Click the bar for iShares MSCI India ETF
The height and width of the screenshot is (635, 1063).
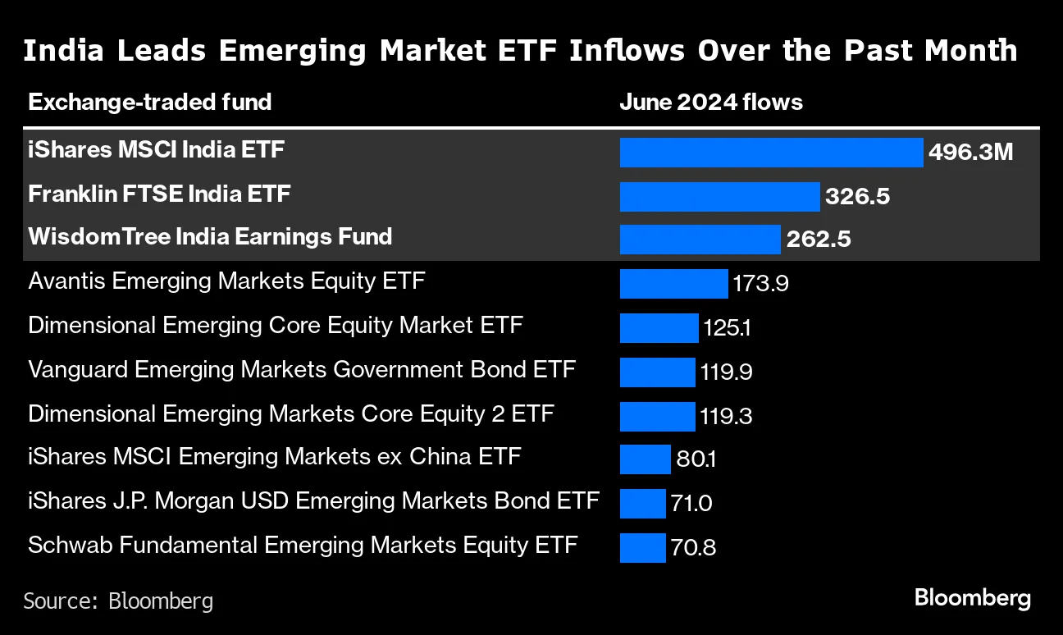771,153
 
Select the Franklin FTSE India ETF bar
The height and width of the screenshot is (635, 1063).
719,197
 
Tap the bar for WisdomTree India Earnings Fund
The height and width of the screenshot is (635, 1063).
700,240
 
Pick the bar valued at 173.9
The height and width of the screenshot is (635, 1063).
673,284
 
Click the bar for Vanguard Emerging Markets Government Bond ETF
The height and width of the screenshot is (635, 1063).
657,372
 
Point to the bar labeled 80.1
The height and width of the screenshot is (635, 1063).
645,459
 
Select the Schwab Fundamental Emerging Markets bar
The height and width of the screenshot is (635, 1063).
642,548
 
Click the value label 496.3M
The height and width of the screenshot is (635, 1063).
970,153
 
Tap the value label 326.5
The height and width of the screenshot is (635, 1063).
857,197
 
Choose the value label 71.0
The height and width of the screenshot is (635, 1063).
691,503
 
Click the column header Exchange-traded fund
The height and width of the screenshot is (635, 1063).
149,103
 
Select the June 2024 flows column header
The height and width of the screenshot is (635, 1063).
710,103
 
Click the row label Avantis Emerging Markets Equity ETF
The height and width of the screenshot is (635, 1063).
226,282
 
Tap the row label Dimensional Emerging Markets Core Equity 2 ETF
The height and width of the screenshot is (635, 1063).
290,413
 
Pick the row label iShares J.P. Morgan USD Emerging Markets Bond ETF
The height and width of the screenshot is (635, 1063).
313,500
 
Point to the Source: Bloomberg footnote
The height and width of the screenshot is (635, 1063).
118,601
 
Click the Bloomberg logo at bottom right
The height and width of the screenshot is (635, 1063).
972,598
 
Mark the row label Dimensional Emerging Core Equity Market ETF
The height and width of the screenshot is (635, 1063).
275,326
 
